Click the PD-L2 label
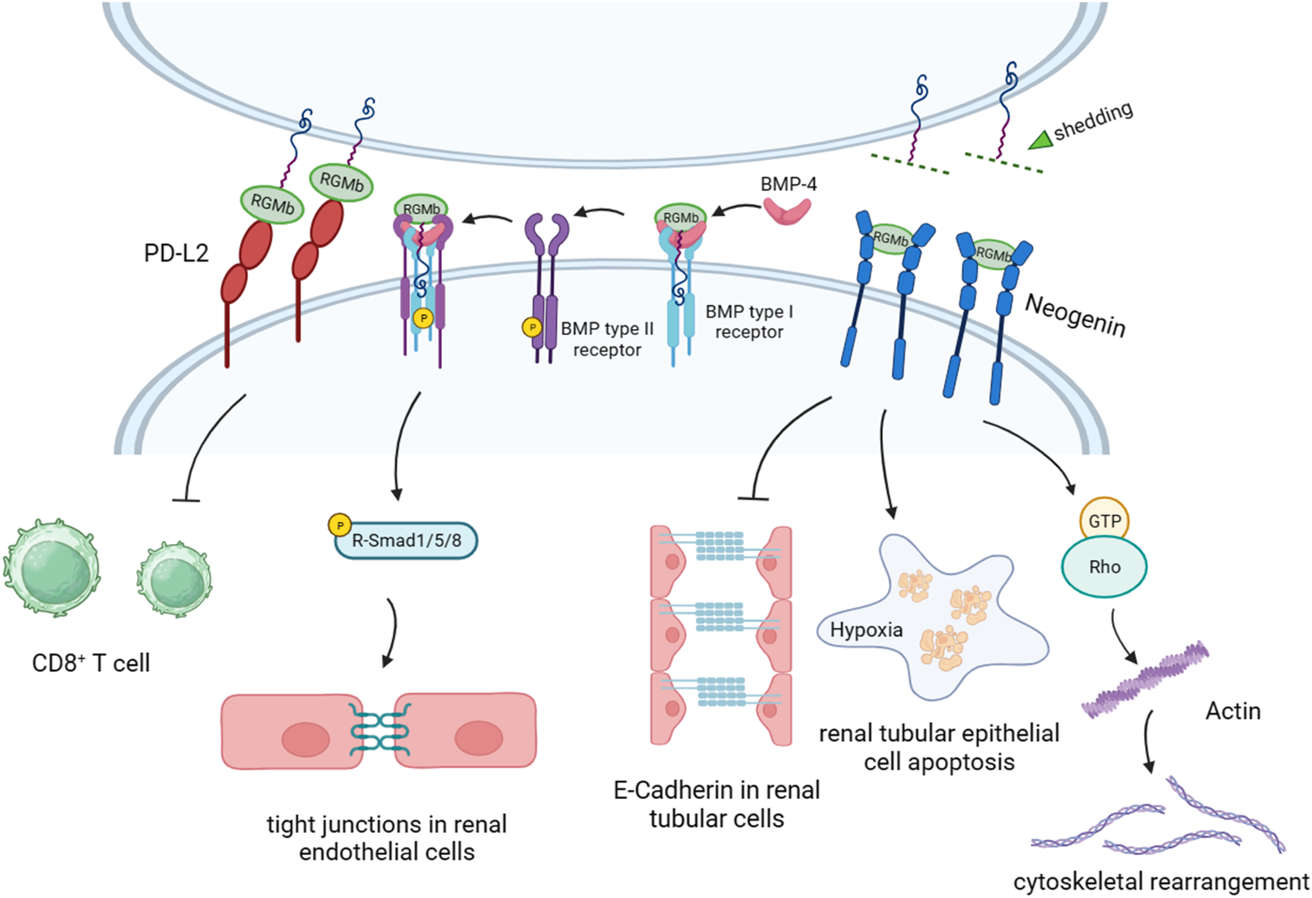pos(176,253)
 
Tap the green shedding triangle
pos(1039,140)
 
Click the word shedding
pos(1093,119)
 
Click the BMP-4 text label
pos(788,184)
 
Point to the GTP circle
pos(1104,521)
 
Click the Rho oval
pos(1104,567)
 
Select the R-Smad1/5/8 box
pos(407,540)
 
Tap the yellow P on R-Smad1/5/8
pos(340,525)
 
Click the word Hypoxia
pos(866,629)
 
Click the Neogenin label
pos(1075,316)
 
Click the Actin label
pos(1232,711)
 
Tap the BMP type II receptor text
pos(607,339)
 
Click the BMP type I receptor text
pos(749,321)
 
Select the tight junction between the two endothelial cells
pos(379,732)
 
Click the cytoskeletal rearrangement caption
pos(1160,882)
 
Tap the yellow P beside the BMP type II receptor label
pos(532,327)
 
